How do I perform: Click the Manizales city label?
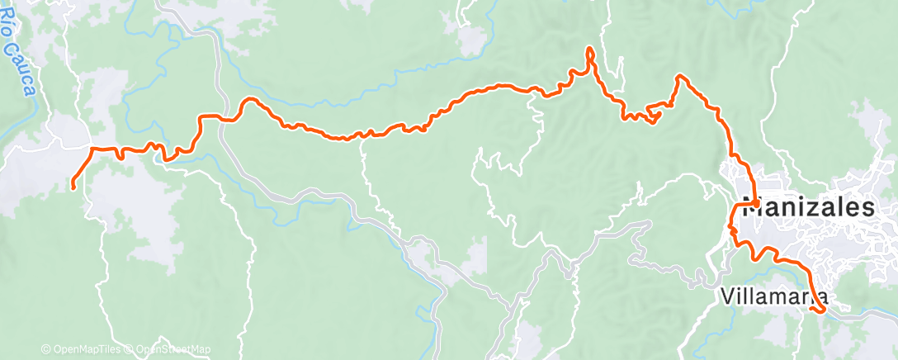[x=809, y=208]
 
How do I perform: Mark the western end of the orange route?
[x=73, y=187]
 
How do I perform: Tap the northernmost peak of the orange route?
[x=589, y=50]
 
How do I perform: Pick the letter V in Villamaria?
[x=726, y=296]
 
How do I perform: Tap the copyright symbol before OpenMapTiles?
[x=46, y=350]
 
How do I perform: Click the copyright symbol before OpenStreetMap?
[x=130, y=350]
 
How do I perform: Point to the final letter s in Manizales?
[x=866, y=208]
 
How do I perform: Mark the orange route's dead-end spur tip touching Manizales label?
[x=756, y=201]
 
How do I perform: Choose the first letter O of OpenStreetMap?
[x=140, y=350]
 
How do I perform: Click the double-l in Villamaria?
[x=743, y=296]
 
